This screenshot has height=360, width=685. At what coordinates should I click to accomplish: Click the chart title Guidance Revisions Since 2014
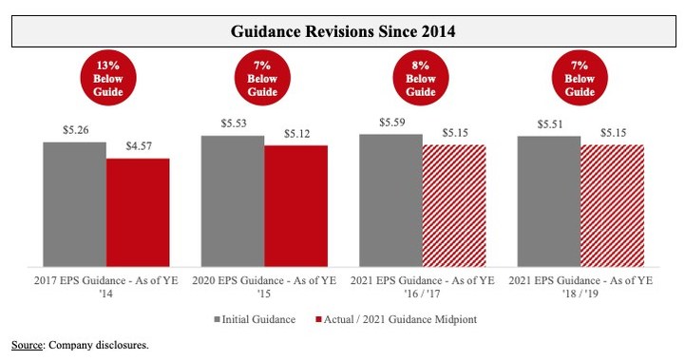tap(343, 31)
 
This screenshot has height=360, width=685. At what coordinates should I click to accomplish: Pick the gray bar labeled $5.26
tap(74, 204)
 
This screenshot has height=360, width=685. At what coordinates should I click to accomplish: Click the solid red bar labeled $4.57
tap(138, 213)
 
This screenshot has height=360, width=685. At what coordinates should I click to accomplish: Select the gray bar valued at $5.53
tap(233, 201)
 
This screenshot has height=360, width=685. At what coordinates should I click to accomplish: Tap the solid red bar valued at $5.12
tap(295, 206)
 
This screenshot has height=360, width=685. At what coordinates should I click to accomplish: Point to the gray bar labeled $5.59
tap(390, 200)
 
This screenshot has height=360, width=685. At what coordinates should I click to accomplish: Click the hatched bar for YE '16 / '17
tap(453, 206)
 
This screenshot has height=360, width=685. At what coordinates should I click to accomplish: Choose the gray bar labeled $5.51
tap(548, 201)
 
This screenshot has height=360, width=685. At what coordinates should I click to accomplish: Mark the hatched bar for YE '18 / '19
tap(612, 206)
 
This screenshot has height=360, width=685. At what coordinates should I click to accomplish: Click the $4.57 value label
tap(138, 147)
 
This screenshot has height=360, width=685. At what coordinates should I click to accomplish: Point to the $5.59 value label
tap(390, 123)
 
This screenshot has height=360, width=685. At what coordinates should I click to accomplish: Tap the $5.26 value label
tap(74, 131)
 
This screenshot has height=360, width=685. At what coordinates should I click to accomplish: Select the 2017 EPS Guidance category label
tap(105, 287)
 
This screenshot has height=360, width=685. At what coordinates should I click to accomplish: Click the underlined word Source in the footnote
tap(26, 345)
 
